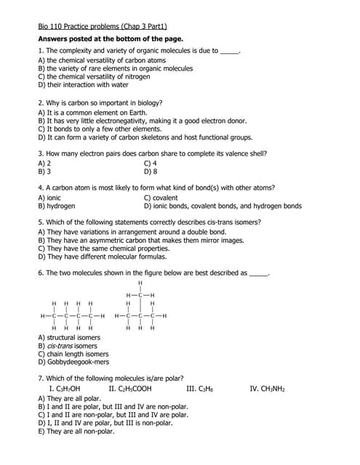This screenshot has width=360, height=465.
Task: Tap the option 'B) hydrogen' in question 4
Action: [57, 206]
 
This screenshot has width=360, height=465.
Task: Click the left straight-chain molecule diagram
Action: [73, 315]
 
